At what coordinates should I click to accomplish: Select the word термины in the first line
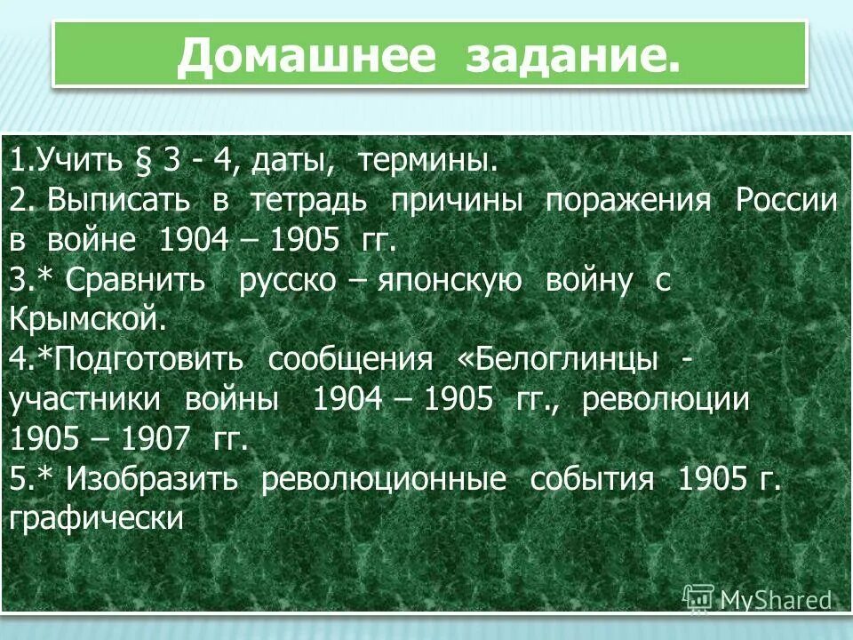[x=426, y=162]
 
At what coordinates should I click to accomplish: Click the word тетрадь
[x=308, y=201]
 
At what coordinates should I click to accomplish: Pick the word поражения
[x=627, y=201]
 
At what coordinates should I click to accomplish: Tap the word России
[x=785, y=201]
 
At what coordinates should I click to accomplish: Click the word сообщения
[x=351, y=360]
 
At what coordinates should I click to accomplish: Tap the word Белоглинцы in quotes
[x=569, y=360]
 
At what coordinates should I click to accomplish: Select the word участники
[x=84, y=400]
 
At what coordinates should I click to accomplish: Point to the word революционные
[x=384, y=479]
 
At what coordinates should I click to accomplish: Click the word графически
[x=96, y=519]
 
